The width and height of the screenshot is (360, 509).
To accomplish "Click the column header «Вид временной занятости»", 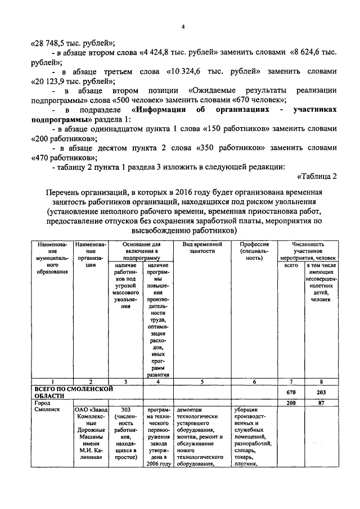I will pyautogui.click(x=202, y=248).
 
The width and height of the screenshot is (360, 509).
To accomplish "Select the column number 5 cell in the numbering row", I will pyautogui.click(x=202, y=382).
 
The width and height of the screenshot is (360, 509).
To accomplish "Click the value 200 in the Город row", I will pyautogui.click(x=291, y=403).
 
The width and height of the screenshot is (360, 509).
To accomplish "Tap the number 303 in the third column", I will pyautogui.click(x=126, y=410).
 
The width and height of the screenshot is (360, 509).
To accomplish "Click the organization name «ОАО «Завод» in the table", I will pyautogui.click(x=91, y=410).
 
